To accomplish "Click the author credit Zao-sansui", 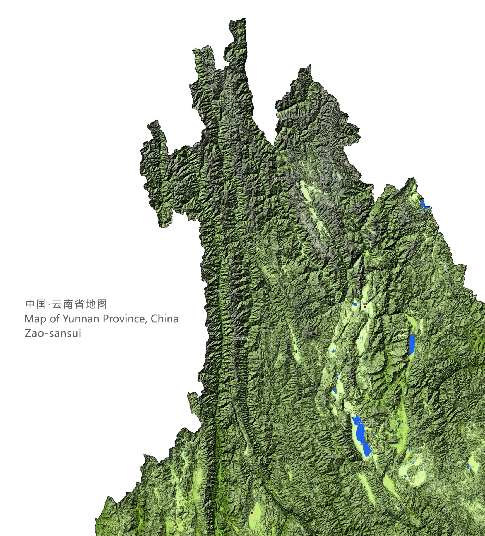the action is click(53, 333).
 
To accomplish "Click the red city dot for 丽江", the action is click(365, 307).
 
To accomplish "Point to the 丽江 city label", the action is click(364, 303).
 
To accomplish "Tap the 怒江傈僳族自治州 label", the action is click(240, 339).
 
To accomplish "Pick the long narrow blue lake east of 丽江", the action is click(412, 344).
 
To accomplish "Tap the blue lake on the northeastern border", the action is click(425, 204).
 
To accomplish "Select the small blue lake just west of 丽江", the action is click(355, 304).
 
